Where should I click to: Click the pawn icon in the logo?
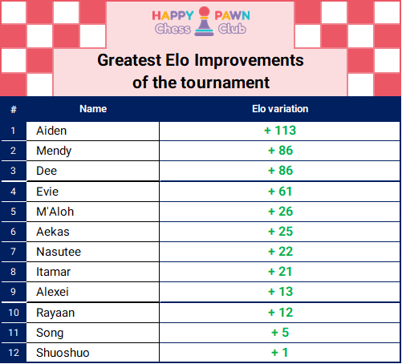pos(204,21)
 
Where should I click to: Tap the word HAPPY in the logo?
pos(173,15)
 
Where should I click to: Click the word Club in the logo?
pos(232,29)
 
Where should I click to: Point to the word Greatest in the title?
pos(129,60)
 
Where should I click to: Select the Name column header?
pos(93,109)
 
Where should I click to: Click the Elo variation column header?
pos(280,109)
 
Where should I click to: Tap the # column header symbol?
pos(14,109)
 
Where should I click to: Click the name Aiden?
pos(51,131)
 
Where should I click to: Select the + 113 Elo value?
pos(280,131)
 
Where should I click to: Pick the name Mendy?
pos(54,151)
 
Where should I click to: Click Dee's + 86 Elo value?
pos(280,171)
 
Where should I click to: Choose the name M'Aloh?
pos(55,212)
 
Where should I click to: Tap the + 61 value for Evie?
pos(280,192)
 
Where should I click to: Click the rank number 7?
pos(13,252)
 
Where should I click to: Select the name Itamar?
pos(53,272)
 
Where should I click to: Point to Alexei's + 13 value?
pos(280,292)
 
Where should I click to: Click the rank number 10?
pos(14,313)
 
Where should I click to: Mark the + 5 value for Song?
pos(280,333)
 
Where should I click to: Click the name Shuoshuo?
pos(63,353)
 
